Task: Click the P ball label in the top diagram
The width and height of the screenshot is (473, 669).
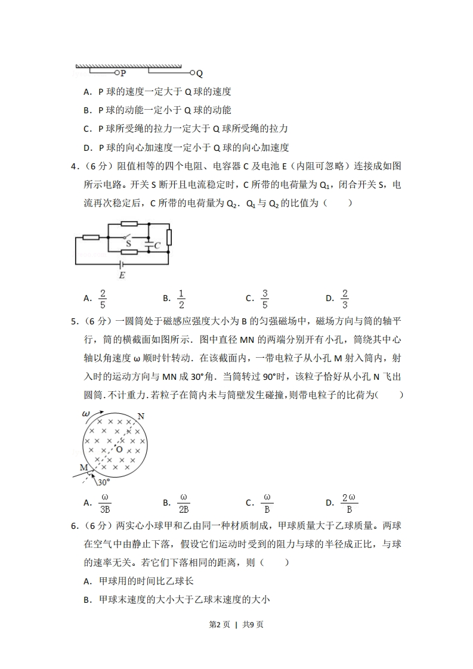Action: point(123,73)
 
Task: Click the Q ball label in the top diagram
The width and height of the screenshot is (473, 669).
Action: point(199,74)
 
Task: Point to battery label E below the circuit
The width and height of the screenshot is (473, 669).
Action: point(122,275)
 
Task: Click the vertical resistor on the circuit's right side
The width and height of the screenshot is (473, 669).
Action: point(169,237)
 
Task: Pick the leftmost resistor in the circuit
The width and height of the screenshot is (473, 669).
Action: point(91,237)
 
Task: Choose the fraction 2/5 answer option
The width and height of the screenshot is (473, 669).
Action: point(103,298)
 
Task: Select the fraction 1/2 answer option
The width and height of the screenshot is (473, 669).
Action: point(181,298)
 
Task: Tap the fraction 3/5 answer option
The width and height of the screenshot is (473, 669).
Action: point(265,298)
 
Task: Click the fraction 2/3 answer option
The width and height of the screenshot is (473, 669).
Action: point(344,298)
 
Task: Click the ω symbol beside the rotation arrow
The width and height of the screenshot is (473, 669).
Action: point(85,413)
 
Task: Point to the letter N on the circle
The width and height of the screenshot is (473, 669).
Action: point(141,416)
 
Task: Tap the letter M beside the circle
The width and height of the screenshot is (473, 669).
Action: point(83,467)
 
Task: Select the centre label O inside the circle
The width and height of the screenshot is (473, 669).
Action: point(119,448)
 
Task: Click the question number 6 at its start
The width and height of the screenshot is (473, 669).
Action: point(74,526)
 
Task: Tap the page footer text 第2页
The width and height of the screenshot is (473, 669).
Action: point(220,624)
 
